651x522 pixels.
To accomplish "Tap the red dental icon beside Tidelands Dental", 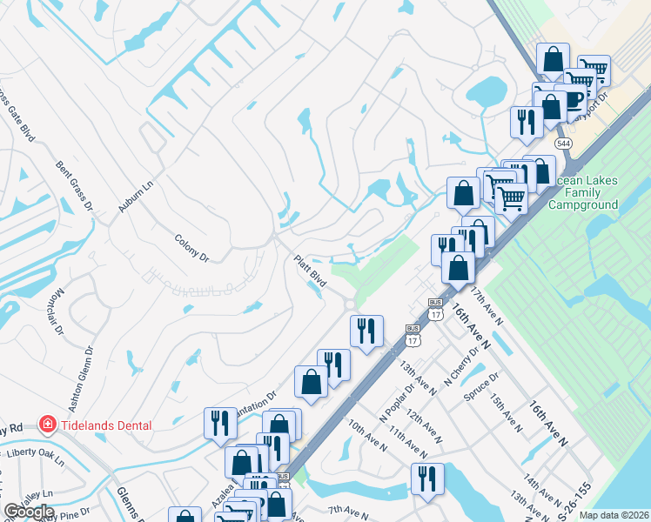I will (49, 425).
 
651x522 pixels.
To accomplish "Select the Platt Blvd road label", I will (310, 271).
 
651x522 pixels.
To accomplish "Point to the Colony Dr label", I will (192, 247).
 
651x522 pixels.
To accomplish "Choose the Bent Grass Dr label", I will (74, 185).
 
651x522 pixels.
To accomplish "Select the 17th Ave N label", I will (487, 304).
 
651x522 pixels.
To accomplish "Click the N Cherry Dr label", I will (461, 366).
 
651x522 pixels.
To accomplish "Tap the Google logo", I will (28, 511).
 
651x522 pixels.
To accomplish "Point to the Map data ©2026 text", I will (614, 515).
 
